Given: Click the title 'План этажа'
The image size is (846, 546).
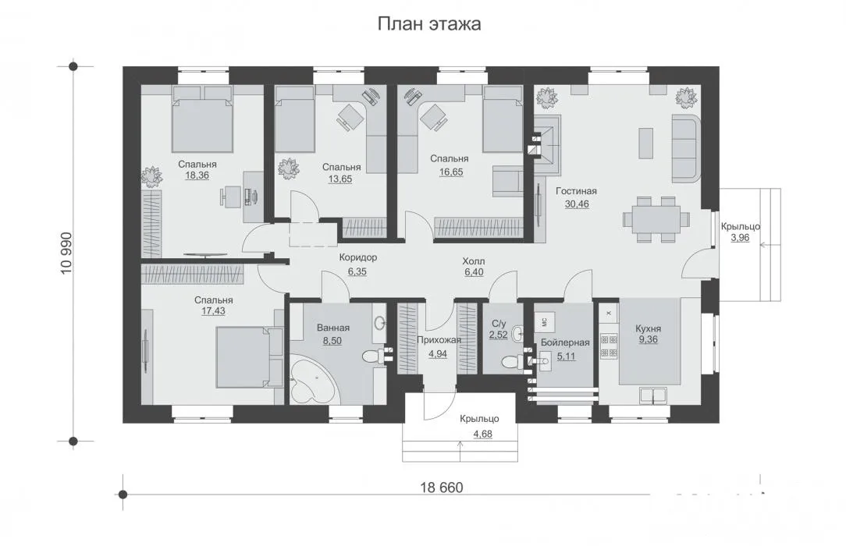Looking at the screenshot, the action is tap(429, 24).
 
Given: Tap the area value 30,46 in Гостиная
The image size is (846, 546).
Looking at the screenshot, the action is tap(577, 204).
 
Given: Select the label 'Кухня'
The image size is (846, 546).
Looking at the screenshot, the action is tap(648, 328).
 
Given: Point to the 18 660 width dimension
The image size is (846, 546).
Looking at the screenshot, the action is tap(442, 487).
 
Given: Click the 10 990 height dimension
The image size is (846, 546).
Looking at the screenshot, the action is tap(66, 253).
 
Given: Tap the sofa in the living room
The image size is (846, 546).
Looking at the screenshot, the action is tap(686, 149).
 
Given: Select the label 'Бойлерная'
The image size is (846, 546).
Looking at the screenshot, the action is tap(565, 342).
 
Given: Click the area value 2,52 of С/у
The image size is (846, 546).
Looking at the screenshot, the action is tap(499, 335).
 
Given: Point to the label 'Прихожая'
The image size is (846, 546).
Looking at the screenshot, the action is tap(439, 340).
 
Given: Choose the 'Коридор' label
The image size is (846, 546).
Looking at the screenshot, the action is tap(357, 257).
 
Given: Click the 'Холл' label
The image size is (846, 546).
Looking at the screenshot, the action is tap(474, 261).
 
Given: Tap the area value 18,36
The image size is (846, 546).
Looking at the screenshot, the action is tap(197, 175).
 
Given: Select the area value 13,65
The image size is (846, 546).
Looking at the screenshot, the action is tap(340, 179).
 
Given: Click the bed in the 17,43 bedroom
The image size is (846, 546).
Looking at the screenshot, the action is tap(249, 356).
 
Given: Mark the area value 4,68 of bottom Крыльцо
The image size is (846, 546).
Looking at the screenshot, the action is tap(482, 434).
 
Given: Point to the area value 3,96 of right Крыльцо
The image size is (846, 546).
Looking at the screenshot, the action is tap(740, 237).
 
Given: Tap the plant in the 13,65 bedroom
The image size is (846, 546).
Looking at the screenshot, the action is tap(289, 168).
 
